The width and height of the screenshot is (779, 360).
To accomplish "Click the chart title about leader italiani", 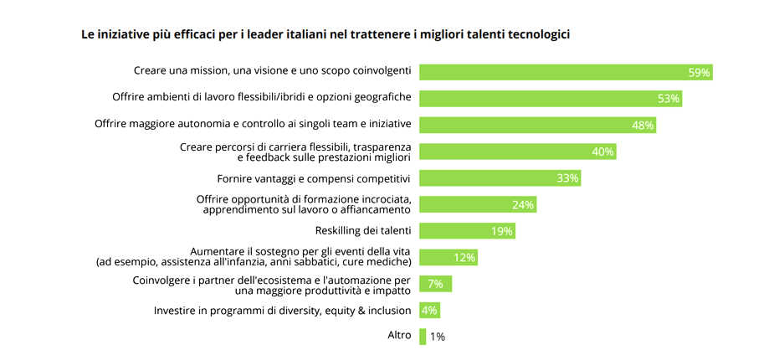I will tap(325, 34).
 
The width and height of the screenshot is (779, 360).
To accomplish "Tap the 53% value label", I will tap(668, 99).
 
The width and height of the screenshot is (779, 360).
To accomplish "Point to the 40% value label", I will tap(602, 152).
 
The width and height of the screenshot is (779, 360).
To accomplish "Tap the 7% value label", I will tap(435, 284).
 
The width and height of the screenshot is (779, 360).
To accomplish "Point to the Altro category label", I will tap(399, 335).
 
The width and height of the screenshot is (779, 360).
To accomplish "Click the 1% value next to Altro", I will tap(438, 337).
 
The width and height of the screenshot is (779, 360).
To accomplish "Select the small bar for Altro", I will tap(423, 337).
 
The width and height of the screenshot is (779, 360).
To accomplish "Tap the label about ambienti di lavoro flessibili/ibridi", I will tap(261, 98).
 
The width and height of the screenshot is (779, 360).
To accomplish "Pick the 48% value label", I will tap(642, 126).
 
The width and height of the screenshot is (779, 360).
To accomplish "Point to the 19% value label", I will tap(503, 231).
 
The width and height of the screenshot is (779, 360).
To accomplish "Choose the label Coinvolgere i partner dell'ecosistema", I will tap(271, 285).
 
